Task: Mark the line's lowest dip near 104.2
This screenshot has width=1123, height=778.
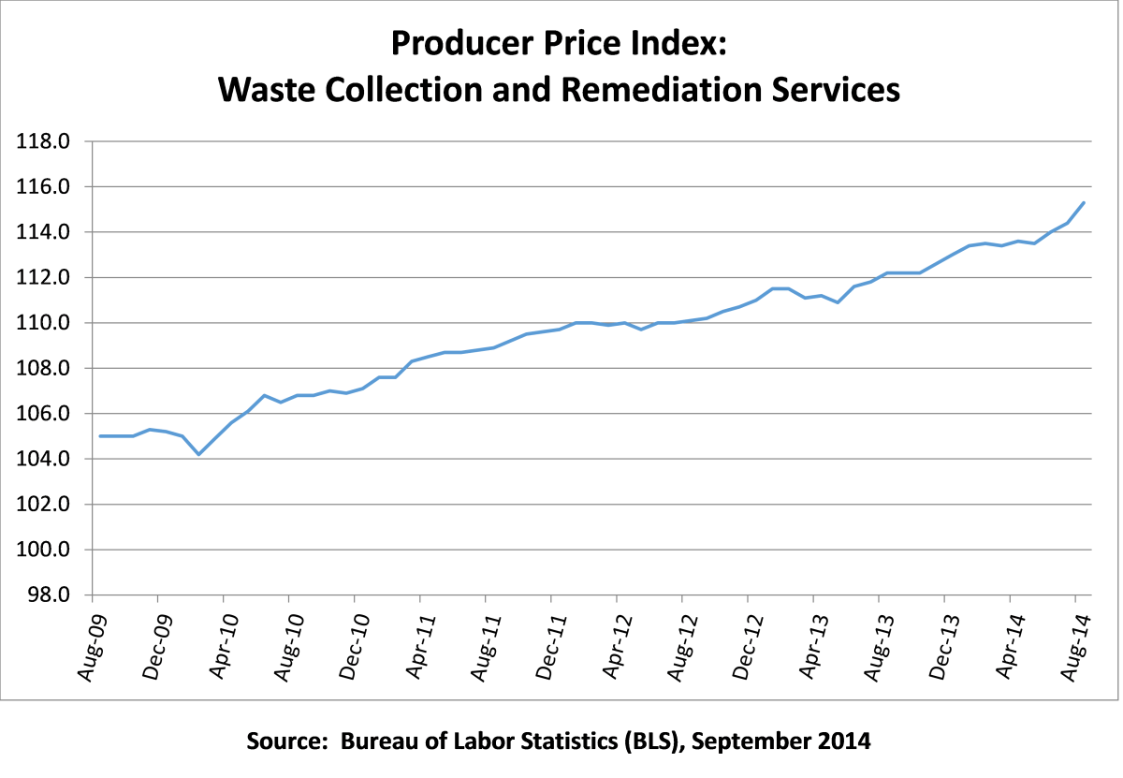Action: pos(198,454)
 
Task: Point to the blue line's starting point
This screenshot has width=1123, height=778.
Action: pos(99,436)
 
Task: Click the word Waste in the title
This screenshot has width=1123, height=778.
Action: pos(268,90)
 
